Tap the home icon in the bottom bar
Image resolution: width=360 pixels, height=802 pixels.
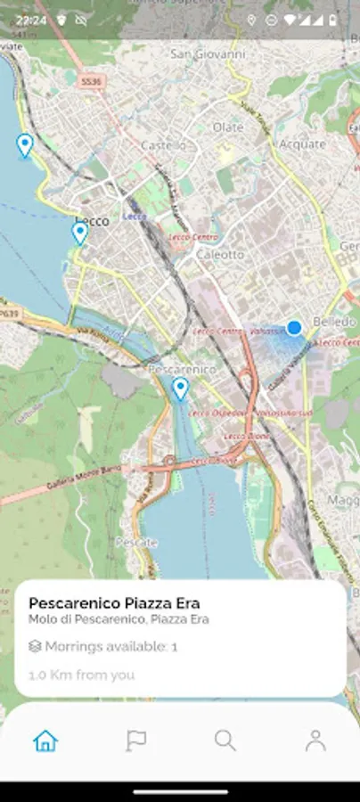tap(45, 740)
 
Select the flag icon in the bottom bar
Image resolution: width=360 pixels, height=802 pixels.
tap(135, 740)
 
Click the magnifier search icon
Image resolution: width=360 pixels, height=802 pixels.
tap(225, 740)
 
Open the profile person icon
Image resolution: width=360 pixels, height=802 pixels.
tap(315, 740)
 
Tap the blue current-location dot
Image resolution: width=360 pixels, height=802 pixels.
tap(294, 328)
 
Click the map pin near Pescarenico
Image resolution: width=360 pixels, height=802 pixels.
tap(180, 389)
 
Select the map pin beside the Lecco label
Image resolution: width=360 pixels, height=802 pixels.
tap(79, 233)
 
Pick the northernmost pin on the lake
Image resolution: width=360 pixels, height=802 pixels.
tap(25, 145)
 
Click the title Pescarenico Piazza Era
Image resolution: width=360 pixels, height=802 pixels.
tap(114, 603)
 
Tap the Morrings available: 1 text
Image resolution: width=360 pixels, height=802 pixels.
tap(110, 646)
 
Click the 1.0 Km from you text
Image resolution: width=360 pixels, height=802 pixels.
tap(82, 675)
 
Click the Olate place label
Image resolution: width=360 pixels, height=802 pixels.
tap(228, 127)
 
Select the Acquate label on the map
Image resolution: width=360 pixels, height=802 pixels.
tap(303, 143)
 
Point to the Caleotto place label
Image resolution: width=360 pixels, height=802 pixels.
tap(220, 254)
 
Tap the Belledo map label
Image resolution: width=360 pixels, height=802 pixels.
tap(335, 321)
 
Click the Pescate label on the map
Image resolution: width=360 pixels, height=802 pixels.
tap(136, 542)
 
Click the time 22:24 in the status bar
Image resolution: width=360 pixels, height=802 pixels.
tap(31, 19)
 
